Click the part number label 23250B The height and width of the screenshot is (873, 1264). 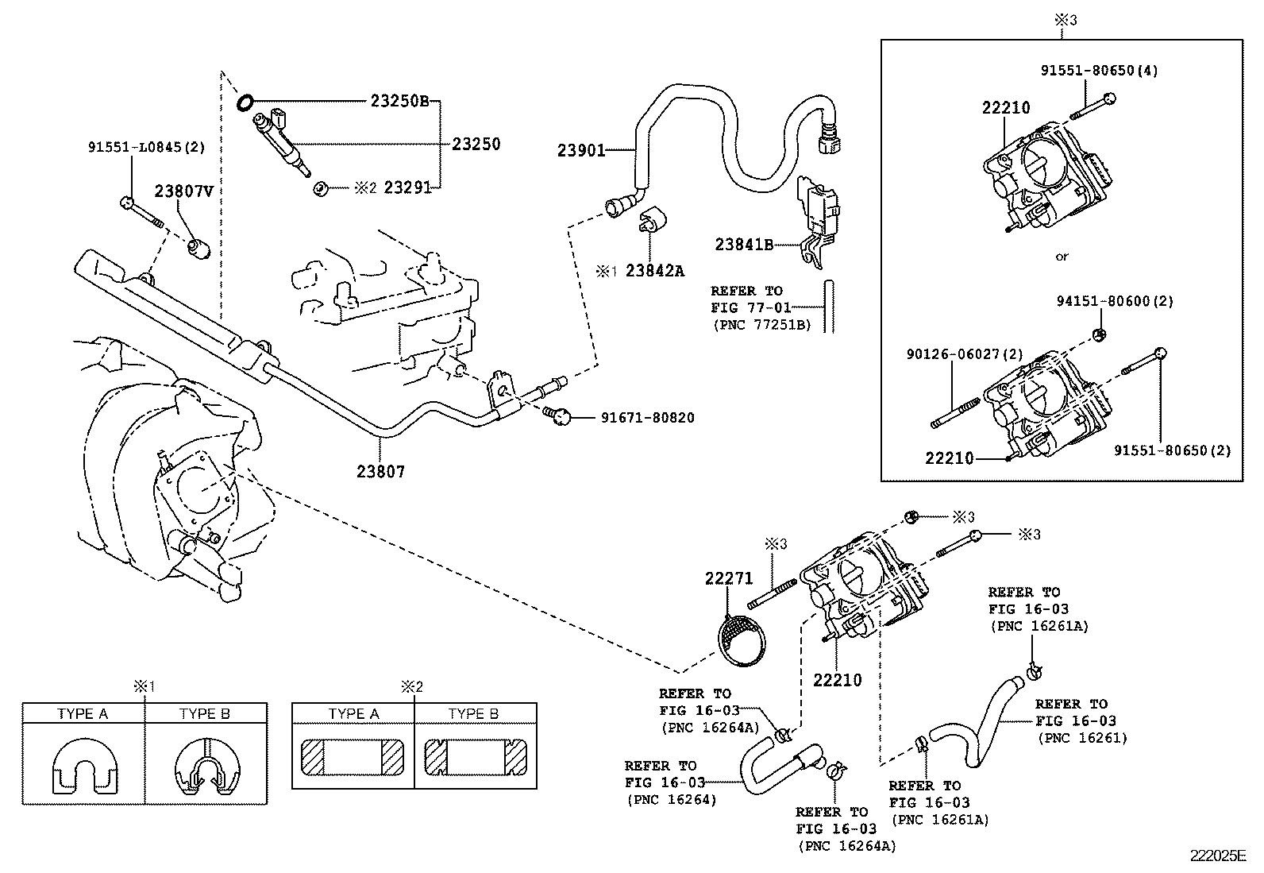(x=399, y=101)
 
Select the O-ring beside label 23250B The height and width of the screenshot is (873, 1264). (x=245, y=102)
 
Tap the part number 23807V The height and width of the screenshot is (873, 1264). (x=183, y=191)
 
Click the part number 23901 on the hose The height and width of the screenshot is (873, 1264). (x=581, y=150)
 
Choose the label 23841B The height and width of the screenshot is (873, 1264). (x=743, y=245)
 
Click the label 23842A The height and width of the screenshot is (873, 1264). (x=654, y=271)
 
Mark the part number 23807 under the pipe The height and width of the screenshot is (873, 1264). (x=380, y=472)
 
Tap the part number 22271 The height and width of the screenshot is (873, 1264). (x=729, y=578)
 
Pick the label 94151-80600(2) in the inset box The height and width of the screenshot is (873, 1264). (x=1115, y=301)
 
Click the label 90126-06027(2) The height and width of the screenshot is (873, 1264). (x=965, y=353)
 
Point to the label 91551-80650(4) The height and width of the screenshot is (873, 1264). (x=1099, y=70)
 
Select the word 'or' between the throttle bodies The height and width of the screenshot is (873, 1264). (x=1062, y=257)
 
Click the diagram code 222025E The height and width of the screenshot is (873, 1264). (x=1218, y=856)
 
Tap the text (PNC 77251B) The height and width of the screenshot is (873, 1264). (x=761, y=324)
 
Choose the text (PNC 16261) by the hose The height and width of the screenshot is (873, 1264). (x=1082, y=738)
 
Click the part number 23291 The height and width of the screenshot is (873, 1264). (x=407, y=187)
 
